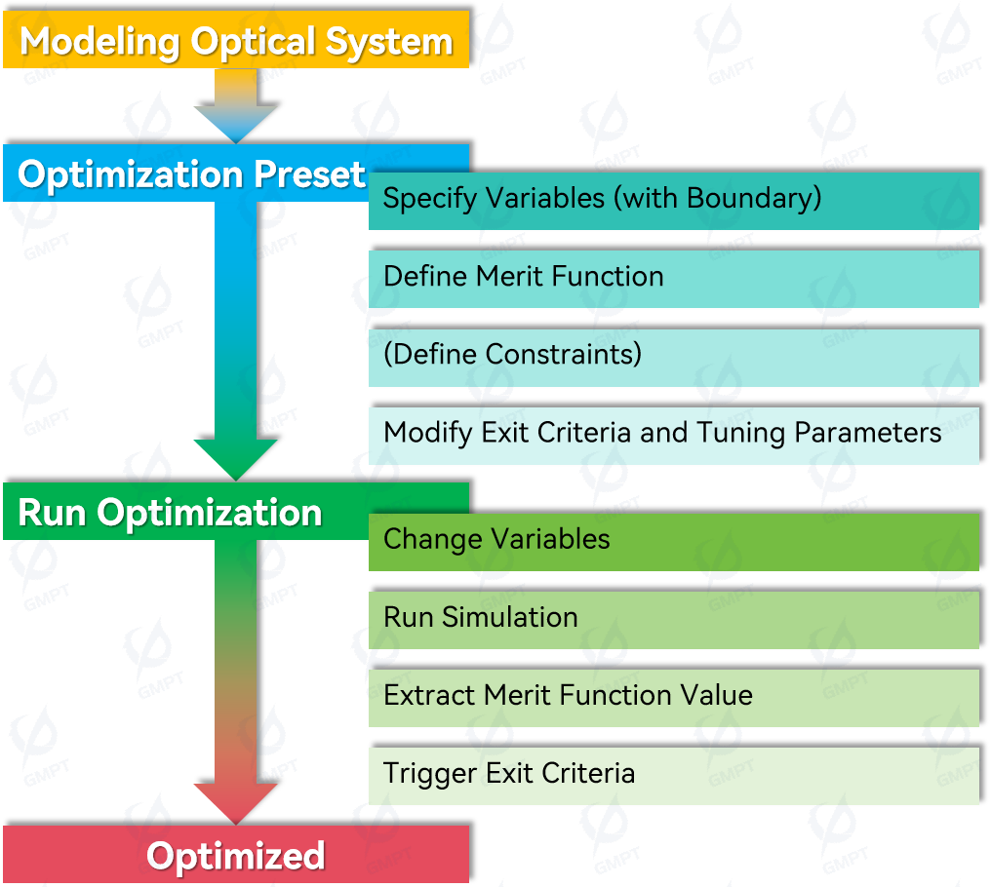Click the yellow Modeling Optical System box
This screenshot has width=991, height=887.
236,39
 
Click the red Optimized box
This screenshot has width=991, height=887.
236,854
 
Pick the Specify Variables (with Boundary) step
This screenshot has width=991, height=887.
674,201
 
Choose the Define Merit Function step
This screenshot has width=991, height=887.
674,279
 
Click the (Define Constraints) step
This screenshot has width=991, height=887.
674,358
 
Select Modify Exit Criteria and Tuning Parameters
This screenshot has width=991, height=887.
674,436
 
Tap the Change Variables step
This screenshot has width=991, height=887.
674,542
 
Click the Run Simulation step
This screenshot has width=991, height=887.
674,620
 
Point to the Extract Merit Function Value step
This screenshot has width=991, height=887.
674,698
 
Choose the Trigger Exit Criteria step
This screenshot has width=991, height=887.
674,776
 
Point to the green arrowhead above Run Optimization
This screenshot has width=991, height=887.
236,459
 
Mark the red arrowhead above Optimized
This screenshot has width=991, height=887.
236,803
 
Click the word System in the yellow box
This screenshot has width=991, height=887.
389,42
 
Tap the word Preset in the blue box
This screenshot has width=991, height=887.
309,174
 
